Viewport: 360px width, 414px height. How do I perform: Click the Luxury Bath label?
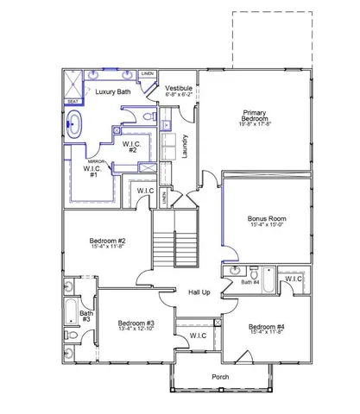113,91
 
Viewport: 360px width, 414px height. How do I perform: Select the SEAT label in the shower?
73,101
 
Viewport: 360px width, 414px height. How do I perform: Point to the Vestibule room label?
179,89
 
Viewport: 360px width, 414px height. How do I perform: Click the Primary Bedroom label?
254,116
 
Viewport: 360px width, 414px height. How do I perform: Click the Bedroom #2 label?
108,243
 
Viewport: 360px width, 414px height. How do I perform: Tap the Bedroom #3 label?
136,326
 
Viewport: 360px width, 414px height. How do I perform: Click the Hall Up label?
200,293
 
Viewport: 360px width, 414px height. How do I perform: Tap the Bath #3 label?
86,317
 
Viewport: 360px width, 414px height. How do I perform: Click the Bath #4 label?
249,282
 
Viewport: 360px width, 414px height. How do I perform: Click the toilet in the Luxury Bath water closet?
147,115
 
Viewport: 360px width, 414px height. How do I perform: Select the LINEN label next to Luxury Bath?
148,74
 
